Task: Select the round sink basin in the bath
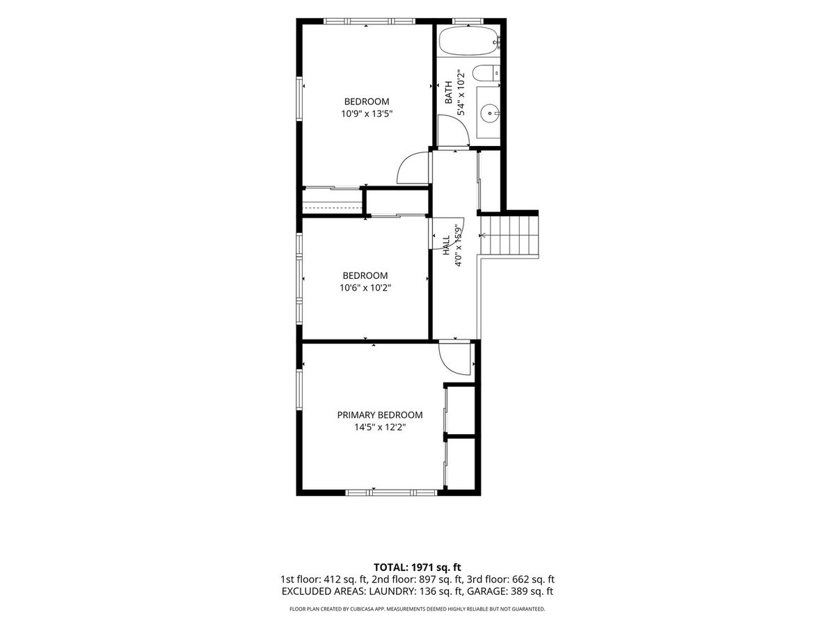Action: pos(490,112)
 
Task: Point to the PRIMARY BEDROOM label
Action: pos(380,415)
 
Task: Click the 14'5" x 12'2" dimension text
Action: pos(380,427)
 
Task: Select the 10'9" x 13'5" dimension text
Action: pos(366,113)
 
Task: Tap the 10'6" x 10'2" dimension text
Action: pos(365,288)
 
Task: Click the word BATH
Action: pos(449,93)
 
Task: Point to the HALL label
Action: pos(446,245)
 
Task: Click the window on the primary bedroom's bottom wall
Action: pos(392,492)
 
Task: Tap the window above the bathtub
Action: pos(468,21)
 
